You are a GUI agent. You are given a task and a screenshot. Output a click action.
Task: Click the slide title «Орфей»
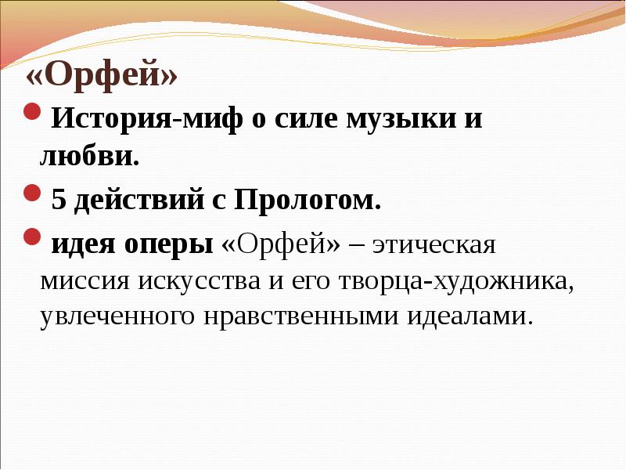tap(103, 78)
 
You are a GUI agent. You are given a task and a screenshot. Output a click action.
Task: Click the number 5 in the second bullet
tap(59, 201)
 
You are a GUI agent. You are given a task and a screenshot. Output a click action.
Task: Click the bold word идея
tap(80, 244)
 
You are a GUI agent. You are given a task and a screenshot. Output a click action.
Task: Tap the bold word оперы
tap(166, 244)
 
